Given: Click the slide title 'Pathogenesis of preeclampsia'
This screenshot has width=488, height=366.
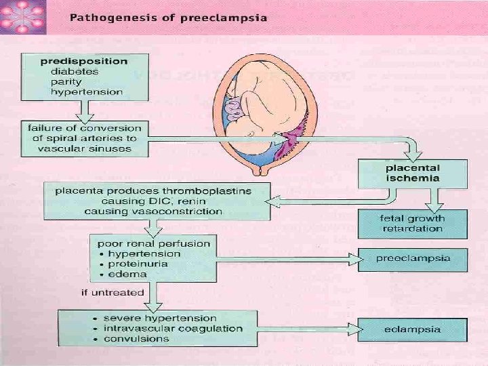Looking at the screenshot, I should point(167,17).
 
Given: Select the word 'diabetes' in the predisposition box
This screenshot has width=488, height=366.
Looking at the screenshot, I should point(74,70).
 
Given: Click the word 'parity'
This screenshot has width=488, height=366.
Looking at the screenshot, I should point(66,81).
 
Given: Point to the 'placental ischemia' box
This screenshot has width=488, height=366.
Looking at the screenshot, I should point(413,173).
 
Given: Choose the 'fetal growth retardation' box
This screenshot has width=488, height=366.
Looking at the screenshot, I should point(413,223).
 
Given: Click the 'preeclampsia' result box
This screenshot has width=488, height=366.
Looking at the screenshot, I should point(413,258).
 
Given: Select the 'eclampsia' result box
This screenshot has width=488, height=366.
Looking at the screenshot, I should point(413,330).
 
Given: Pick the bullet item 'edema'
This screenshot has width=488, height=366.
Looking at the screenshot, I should point(127,274).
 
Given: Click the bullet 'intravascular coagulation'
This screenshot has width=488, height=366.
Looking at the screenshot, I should point(173,328).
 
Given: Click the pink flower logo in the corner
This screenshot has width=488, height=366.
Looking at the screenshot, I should point(22,17).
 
